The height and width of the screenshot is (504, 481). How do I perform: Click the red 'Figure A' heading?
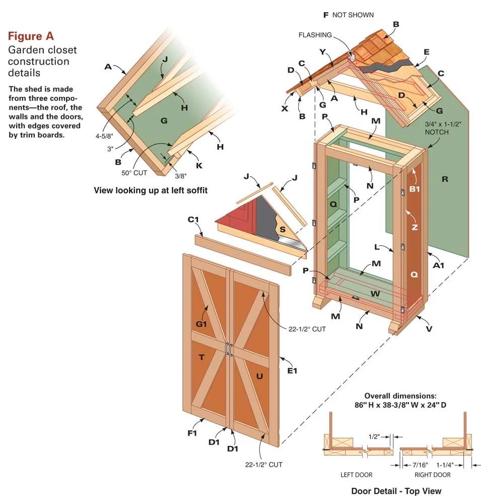31,36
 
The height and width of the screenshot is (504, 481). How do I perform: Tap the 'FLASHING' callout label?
315,35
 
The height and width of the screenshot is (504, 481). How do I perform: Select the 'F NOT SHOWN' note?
348,15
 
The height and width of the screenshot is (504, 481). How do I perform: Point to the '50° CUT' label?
133,172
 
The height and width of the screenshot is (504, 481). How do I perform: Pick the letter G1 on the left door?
201,324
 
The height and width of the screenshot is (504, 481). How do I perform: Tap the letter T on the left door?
201,357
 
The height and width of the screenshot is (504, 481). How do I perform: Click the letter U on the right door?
259,376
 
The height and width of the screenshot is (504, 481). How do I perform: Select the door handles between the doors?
229,349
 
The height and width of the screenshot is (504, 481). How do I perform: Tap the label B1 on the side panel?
414,190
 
